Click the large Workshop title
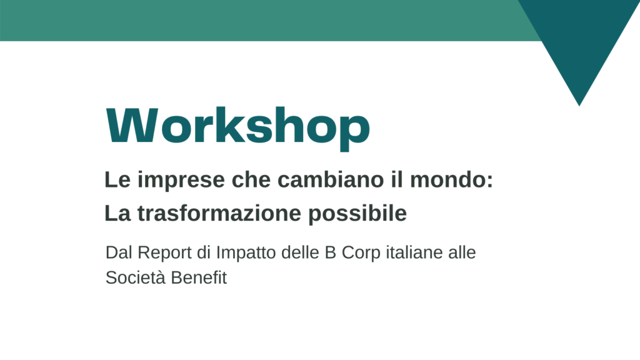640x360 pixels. pos(237,128)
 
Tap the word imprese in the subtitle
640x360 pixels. pos(181,181)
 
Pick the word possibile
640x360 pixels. pos(357,214)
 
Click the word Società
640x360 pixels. pos(135,277)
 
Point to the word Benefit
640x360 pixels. pos(198,277)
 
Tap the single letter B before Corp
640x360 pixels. pos(330,252)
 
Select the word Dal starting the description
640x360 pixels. pos(119,252)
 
